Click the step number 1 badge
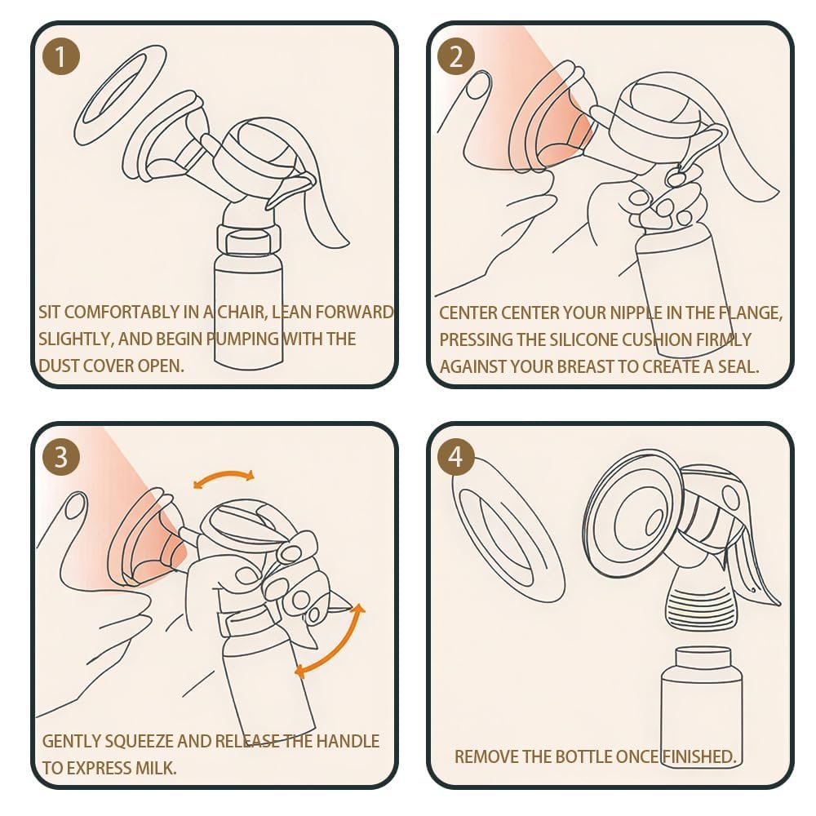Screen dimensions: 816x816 pyautogui.click(x=61, y=56)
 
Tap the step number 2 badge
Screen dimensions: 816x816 pyautogui.click(x=456, y=56)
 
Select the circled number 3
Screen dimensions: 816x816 pyautogui.click(x=61, y=457)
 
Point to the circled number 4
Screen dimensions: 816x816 pyautogui.click(x=456, y=457)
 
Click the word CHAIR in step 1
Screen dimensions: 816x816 pyautogui.click(x=242, y=313)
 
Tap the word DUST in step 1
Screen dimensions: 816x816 pyautogui.click(x=58, y=366)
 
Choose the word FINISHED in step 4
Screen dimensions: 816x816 pyautogui.click(x=698, y=756)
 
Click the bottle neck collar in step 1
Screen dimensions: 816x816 pyautogui.click(x=249, y=241)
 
